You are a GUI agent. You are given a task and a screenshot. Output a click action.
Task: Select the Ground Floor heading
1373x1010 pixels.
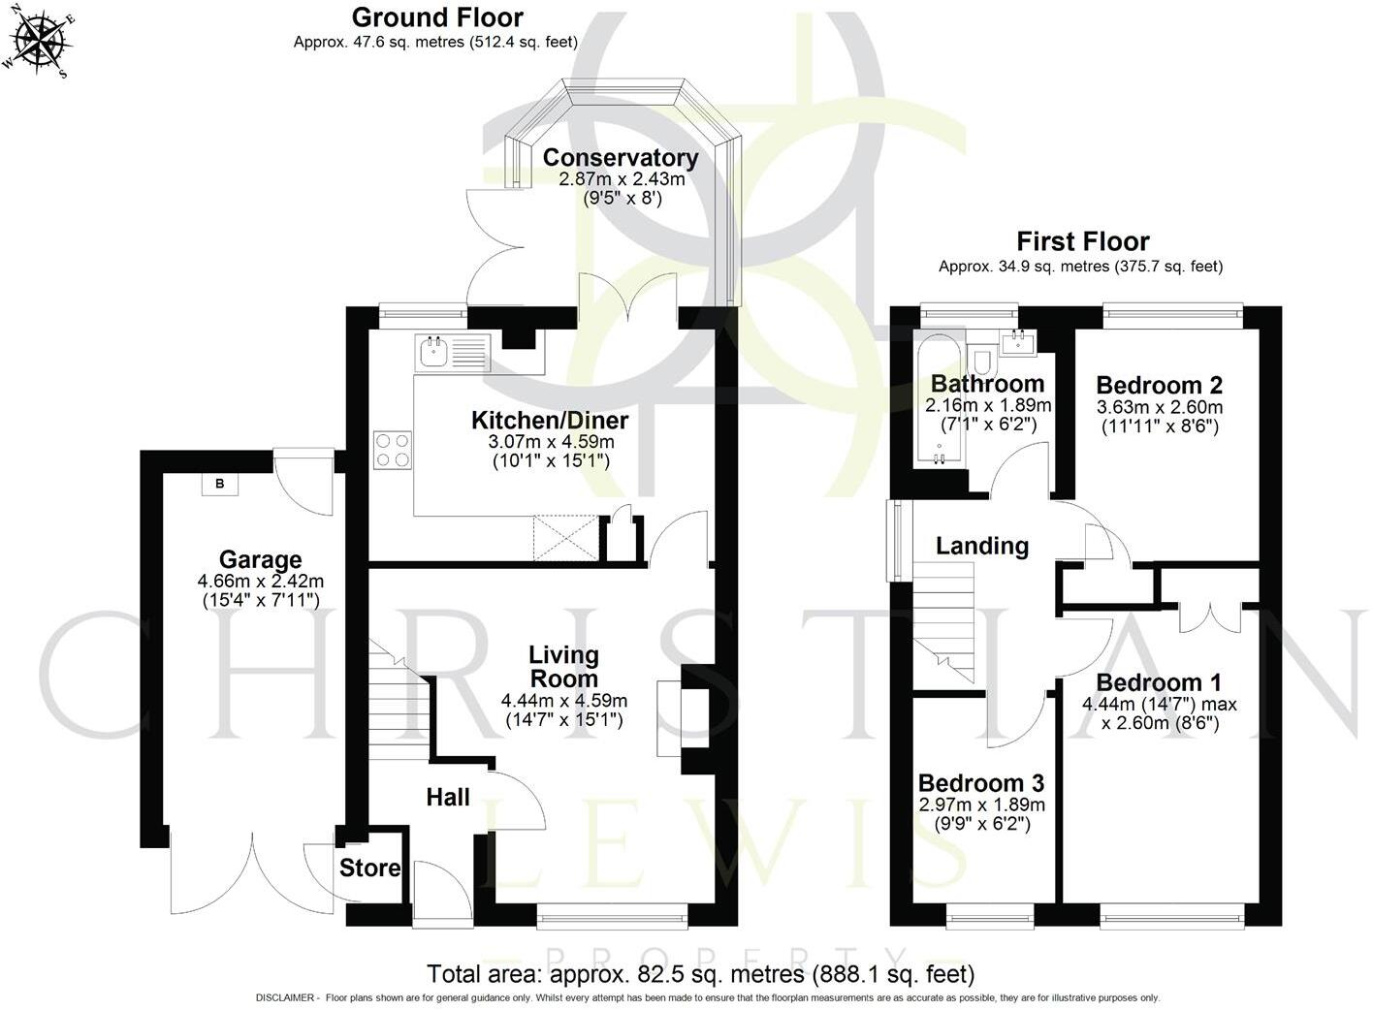[x=436, y=17]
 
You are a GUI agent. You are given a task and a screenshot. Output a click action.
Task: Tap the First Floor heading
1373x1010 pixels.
[x=1082, y=241]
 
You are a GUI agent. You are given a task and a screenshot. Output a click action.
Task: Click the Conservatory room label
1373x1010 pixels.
[x=621, y=157]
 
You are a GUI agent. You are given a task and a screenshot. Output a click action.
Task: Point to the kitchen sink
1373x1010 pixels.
[x=431, y=352]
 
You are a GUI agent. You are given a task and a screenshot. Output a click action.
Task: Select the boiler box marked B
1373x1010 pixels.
[x=219, y=484]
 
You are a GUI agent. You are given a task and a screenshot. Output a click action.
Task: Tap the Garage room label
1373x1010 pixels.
[x=260, y=559]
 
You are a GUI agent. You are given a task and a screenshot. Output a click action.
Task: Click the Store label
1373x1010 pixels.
[x=369, y=868]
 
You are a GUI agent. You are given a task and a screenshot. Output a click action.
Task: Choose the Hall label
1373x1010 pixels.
[x=448, y=797]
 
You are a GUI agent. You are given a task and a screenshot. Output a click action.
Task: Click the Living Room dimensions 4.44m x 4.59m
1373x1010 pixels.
[x=563, y=701]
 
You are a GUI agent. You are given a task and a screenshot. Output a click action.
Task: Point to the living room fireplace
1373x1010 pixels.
[x=669, y=717]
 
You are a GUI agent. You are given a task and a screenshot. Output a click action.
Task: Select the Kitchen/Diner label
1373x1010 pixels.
[x=550, y=420]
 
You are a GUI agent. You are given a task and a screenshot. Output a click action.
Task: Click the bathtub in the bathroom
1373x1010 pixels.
[x=937, y=402]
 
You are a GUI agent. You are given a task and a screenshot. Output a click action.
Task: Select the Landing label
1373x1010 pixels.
[x=981, y=546]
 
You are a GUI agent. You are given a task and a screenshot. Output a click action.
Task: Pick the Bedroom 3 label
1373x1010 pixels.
[x=980, y=782]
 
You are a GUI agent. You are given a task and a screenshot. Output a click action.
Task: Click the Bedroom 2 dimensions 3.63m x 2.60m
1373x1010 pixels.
[x=1159, y=407]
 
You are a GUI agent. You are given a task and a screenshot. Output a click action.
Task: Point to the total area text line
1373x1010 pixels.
[x=700, y=973]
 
